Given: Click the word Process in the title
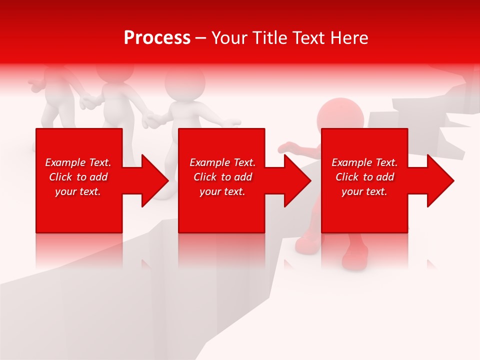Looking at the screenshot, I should point(157,37).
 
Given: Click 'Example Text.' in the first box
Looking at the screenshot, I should point(78,162).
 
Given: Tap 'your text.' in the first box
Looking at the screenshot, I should point(78,191).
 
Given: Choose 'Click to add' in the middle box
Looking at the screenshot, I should point(222,177).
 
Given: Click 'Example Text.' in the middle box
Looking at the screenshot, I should point(222,162).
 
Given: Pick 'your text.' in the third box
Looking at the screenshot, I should point(364,191).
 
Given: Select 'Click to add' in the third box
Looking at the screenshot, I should point(364,177).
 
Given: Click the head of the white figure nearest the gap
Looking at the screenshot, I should point(185,83).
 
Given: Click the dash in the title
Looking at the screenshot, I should point(200,38).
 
